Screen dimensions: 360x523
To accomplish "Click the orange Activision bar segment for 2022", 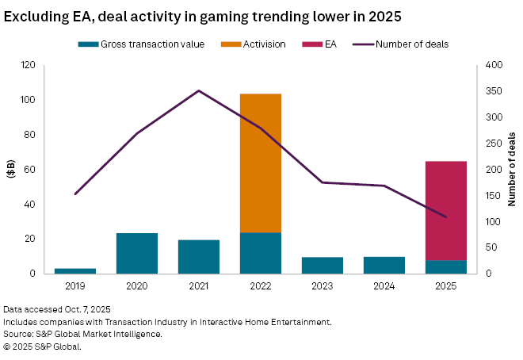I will pos(261,163).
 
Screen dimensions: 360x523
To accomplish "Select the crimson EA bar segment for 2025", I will pos(446,210).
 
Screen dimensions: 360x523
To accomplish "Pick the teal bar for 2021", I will pos(199,256).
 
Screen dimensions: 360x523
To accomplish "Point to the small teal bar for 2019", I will pos(75,270).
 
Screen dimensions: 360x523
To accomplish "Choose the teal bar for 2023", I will pos(323,265).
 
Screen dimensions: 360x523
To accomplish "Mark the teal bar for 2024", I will pos(384,265).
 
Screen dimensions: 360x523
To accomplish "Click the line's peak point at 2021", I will pos(199,90).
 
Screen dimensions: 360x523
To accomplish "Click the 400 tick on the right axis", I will pos(491,65).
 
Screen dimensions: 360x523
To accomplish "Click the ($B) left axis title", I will pos(10,169).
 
